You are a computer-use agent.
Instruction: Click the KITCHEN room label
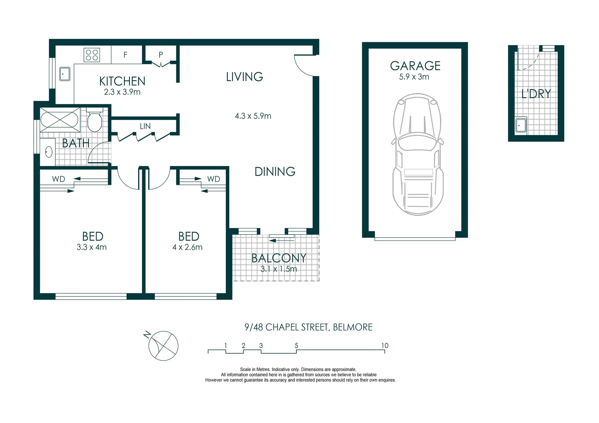tap(122, 81)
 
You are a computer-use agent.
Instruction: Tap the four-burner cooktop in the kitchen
tap(92, 54)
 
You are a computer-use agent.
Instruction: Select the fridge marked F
tap(125, 55)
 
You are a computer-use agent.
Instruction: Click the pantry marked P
tap(161, 55)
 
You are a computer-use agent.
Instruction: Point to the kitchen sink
tap(65, 74)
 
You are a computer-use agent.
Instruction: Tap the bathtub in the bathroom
tap(60, 117)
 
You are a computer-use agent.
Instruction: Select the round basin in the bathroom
tap(49, 152)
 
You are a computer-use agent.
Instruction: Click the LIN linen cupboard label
tap(145, 126)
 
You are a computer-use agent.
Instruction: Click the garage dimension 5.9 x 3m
tap(414, 77)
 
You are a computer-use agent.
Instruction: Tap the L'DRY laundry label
tap(536, 94)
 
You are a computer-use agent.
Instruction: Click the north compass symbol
tap(163, 346)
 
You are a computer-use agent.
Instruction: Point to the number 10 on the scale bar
tap(385, 345)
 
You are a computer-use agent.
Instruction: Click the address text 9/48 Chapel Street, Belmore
tap(308, 327)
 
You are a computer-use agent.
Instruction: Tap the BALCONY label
tap(279, 258)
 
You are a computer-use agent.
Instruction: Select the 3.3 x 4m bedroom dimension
tap(92, 247)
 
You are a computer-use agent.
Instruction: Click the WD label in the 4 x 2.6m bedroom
tap(214, 179)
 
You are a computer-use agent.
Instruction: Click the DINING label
tap(275, 172)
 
